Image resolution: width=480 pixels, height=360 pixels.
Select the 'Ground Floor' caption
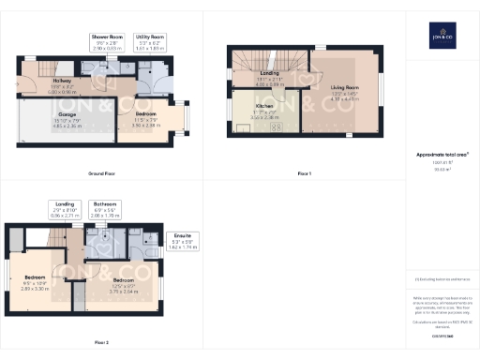coord(101,174)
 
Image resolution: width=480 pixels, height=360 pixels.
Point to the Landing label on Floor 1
coord(269,75)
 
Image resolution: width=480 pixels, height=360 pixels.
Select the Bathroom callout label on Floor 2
coord(105,207)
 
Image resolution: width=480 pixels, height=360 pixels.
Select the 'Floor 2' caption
coord(101,343)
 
